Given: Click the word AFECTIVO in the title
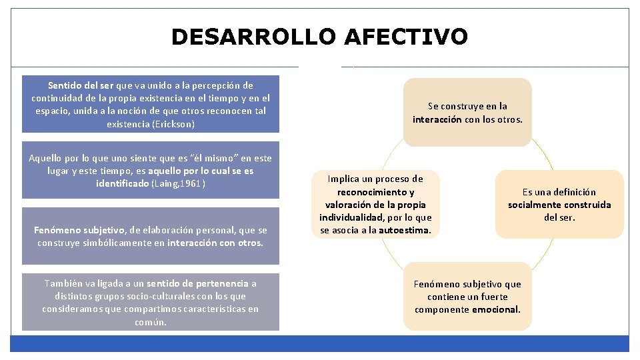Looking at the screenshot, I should [x=405, y=37].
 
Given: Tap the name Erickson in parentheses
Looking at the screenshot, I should [x=171, y=124].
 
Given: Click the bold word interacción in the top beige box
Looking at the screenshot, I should [x=437, y=120].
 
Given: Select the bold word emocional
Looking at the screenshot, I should [x=495, y=309].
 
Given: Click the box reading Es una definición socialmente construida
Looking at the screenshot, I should [x=559, y=205].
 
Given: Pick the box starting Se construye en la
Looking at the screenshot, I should [x=467, y=113].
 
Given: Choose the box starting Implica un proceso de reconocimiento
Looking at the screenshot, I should [x=375, y=205].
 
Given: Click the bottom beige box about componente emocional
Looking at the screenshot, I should [x=467, y=297].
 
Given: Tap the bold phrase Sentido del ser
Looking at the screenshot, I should [x=81, y=85].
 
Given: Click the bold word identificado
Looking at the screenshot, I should [x=123, y=183].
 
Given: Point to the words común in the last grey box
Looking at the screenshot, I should [x=151, y=322].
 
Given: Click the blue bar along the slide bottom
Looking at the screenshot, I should [x=320, y=343].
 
